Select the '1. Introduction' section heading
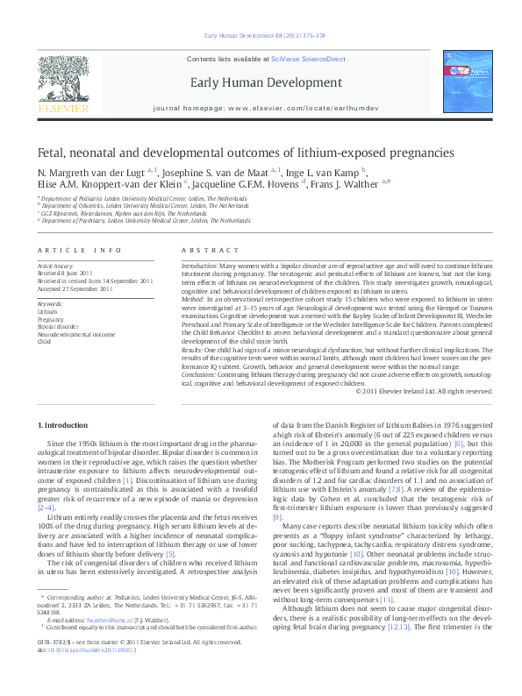[x=65, y=425]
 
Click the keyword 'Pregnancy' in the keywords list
[x=51, y=320]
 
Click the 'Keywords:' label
[x=50, y=304]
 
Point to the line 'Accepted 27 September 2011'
[x=75, y=286]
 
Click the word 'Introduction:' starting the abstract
[x=199, y=264]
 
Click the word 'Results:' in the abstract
[x=193, y=350]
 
